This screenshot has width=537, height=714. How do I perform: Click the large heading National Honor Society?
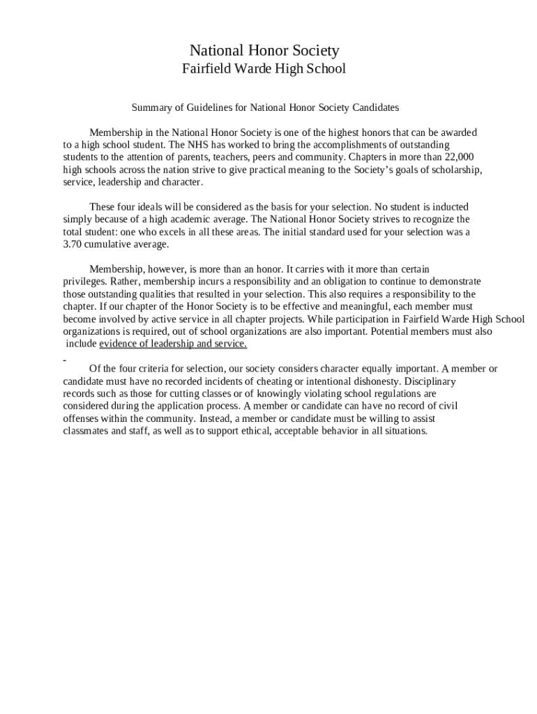coord(264,50)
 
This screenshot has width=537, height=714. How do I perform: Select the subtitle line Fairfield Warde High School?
coord(264,68)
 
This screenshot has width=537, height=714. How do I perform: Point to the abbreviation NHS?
coord(198,145)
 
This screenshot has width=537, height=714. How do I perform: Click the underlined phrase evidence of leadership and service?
coord(173,344)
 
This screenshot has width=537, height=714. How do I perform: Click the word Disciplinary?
coord(430,382)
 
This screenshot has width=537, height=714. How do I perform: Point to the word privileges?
coord(83,282)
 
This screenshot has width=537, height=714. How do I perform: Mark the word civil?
coord(448,407)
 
